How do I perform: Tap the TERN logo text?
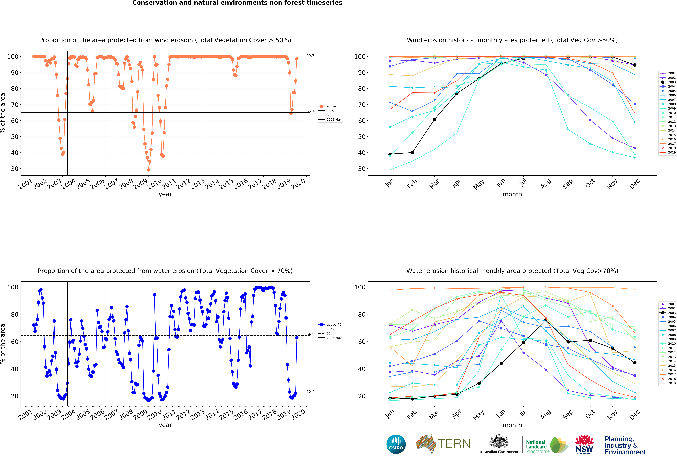coord(454,444)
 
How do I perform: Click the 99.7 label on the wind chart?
coord(310,56)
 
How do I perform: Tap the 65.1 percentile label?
coord(310,111)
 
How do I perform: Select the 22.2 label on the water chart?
coord(310,392)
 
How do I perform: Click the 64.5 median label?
coord(310,334)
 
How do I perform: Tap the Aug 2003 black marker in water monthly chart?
coord(546,320)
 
